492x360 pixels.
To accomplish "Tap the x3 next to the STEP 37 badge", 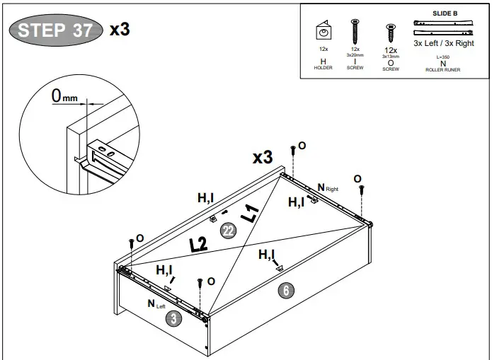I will coord(119,29).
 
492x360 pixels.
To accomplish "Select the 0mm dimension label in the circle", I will coord(64,96).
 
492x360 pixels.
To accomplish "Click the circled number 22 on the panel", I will coord(228,231).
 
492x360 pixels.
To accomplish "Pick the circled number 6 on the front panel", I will coord(285,289).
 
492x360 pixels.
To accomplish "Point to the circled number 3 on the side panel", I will coord(172,319).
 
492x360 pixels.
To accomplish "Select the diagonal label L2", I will coord(199,245).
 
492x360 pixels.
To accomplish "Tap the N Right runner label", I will coord(328,187).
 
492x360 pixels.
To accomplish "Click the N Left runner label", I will coord(156,303).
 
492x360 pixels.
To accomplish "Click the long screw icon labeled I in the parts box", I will coord(355,31).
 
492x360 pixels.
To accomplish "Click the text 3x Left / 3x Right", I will coord(444,43).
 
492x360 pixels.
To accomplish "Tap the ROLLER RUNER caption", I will coord(443,71).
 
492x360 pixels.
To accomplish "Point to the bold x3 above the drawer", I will coord(263,157).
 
